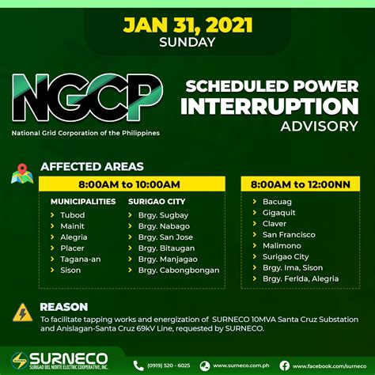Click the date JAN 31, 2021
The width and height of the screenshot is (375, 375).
coord(187,25)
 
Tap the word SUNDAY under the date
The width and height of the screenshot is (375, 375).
coord(187,42)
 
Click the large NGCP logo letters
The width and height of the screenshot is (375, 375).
coord(87,97)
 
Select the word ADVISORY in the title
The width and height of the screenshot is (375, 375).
coord(319,127)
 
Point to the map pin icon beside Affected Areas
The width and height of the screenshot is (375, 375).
coord(22,173)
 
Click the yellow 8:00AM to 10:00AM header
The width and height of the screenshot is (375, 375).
coord(132,184)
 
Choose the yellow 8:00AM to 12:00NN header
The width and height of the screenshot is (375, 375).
coord(301,184)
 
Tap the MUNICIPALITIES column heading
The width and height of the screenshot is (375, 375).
coord(83,202)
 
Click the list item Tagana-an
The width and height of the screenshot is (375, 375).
coord(81,259)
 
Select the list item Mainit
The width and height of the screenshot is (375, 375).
coord(72,226)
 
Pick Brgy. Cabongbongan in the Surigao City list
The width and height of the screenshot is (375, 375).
coord(179,271)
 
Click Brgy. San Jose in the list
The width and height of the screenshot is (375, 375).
coord(165,237)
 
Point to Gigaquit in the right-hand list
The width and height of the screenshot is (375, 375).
coord(279,213)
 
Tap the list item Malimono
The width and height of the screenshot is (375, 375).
coord(282,245)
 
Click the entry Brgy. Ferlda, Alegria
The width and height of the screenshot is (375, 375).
coord(301,278)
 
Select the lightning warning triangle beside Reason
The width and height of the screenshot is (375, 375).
coord(23,312)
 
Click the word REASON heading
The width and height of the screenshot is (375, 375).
coord(64,307)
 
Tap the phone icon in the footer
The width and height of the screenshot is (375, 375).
coord(138,366)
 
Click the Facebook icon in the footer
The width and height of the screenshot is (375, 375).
coord(284,366)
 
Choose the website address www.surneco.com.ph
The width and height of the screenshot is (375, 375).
coord(241,366)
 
